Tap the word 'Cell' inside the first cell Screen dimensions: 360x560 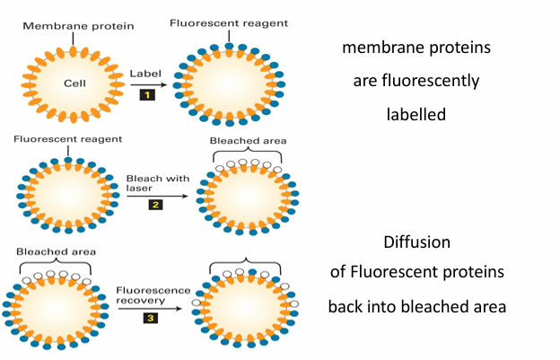[74, 83]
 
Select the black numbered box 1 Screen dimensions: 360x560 [145, 92]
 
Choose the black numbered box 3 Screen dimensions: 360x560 [151, 316]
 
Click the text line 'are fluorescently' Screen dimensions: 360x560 [416, 81]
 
